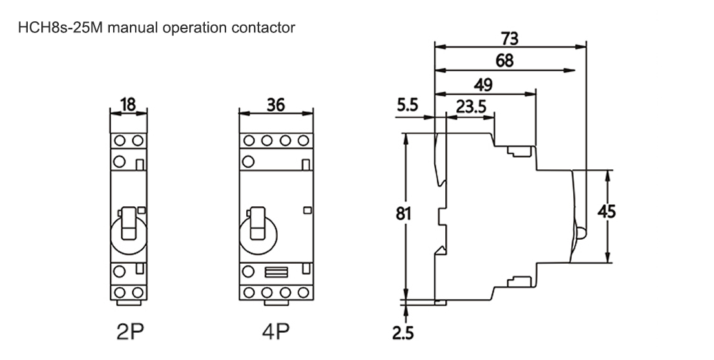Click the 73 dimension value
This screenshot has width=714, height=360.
[x=509, y=39]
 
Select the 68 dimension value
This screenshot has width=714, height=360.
[x=505, y=61]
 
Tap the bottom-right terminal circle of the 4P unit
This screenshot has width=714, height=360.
[x=303, y=291]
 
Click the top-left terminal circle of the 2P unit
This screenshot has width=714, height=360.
[x=120, y=141]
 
